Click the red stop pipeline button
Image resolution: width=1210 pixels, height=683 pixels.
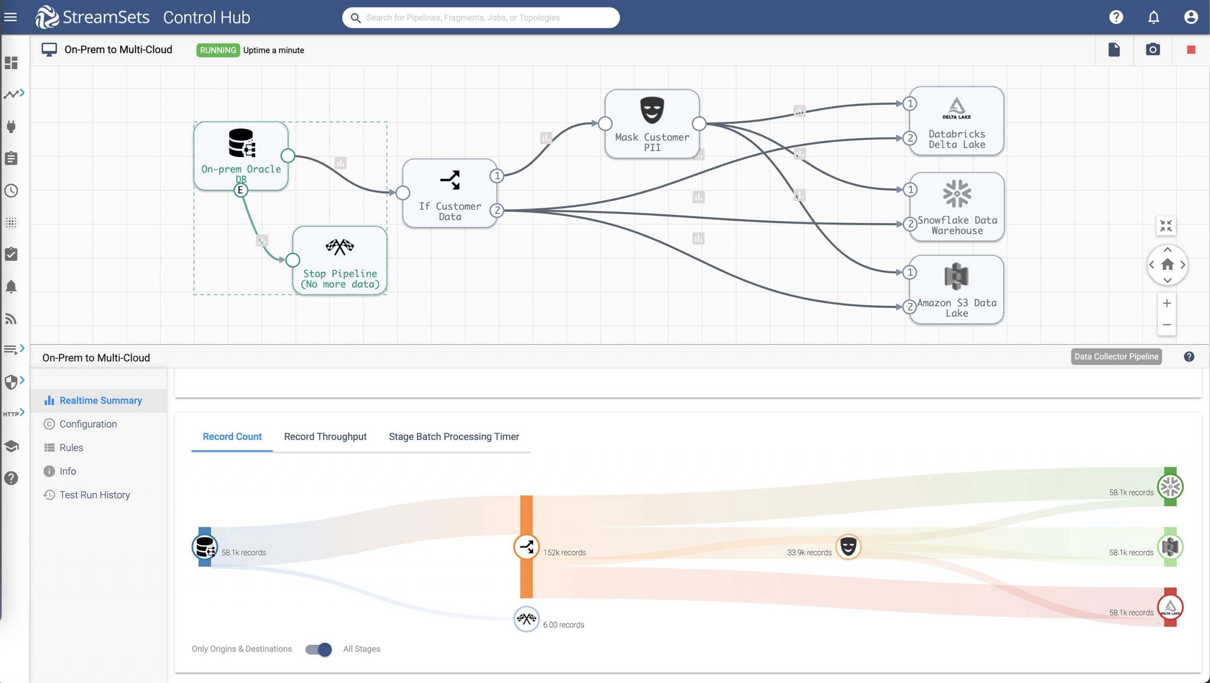tap(1191, 50)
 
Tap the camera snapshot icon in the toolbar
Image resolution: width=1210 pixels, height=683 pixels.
tap(1153, 49)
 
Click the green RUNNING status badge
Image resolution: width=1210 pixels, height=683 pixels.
tap(218, 50)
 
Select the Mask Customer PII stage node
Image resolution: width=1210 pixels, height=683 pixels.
tap(652, 124)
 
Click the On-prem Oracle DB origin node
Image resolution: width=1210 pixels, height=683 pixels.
tap(241, 156)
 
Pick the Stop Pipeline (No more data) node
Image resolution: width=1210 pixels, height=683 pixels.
tap(340, 260)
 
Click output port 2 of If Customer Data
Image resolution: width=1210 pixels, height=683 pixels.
tap(497, 210)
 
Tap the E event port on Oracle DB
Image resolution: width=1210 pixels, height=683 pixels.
tap(241, 190)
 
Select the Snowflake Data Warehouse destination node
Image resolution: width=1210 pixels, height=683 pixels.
tap(957, 207)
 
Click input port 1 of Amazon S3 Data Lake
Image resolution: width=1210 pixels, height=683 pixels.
tap(910, 272)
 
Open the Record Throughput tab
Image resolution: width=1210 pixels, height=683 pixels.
tap(325, 437)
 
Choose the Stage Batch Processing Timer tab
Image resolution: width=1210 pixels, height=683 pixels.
tap(454, 437)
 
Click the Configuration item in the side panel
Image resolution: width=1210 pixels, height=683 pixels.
tap(88, 424)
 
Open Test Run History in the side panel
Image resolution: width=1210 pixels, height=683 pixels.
tap(95, 495)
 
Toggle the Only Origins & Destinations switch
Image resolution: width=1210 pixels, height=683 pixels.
tap(319, 649)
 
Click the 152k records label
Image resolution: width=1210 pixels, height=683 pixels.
tap(564, 553)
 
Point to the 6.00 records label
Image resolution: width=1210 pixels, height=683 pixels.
tap(563, 625)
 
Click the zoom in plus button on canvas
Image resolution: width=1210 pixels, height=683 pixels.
tap(1167, 303)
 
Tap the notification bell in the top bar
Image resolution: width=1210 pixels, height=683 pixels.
tap(1153, 17)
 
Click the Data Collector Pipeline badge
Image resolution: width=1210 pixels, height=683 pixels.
tap(1116, 356)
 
